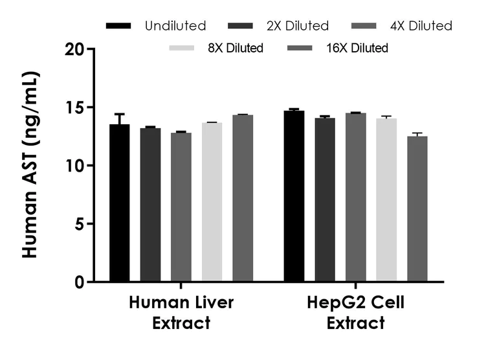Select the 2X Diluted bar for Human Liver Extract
[150, 205]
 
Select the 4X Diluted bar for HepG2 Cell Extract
[355, 197]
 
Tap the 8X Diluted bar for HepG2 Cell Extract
[386, 200]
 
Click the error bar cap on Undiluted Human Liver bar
[119, 114]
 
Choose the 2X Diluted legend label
[297, 26]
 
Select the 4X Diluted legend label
[420, 26]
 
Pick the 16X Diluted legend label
[357, 48]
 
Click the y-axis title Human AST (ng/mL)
[30, 166]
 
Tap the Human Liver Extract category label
[181, 313]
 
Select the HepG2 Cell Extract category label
[355, 313]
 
